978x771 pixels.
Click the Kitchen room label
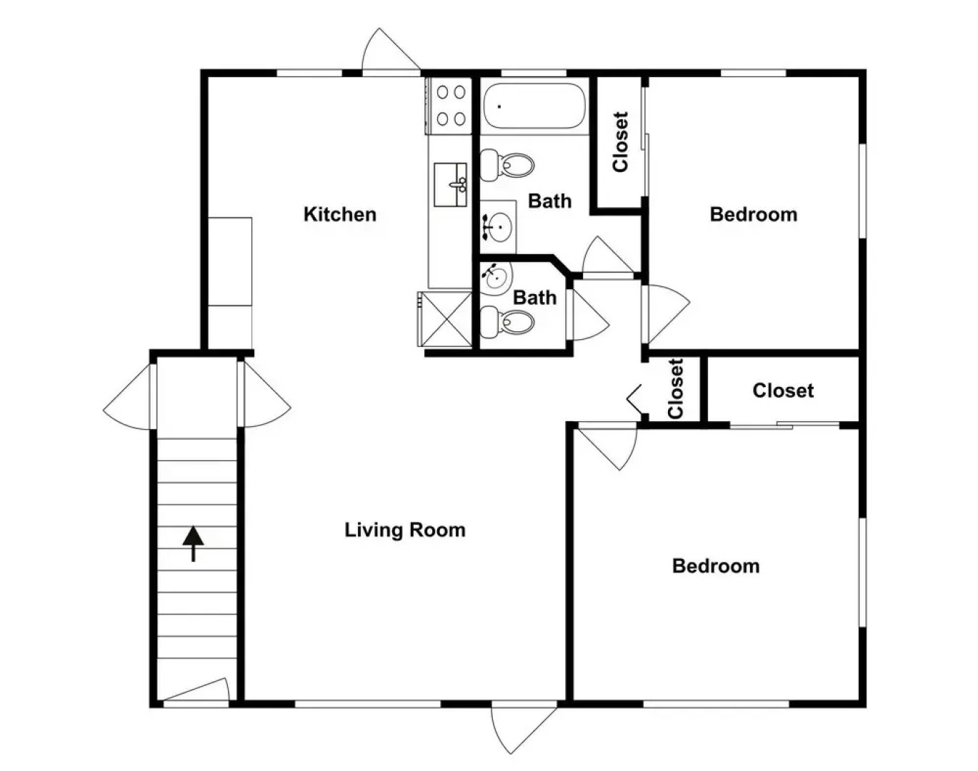coord(339,214)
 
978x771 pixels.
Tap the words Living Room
coord(404,530)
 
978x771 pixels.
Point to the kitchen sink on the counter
coord(451,184)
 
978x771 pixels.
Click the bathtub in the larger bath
coord(533,106)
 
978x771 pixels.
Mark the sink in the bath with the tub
coord(499,228)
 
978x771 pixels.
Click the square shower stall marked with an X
coord(445,318)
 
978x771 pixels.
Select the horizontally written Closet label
coord(783,390)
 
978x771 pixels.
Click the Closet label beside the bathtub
coord(620,142)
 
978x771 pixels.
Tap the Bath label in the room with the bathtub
coord(549,201)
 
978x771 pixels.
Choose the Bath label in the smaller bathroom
coord(534,297)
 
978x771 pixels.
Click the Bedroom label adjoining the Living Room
coord(716,566)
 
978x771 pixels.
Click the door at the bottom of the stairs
coord(196,693)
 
